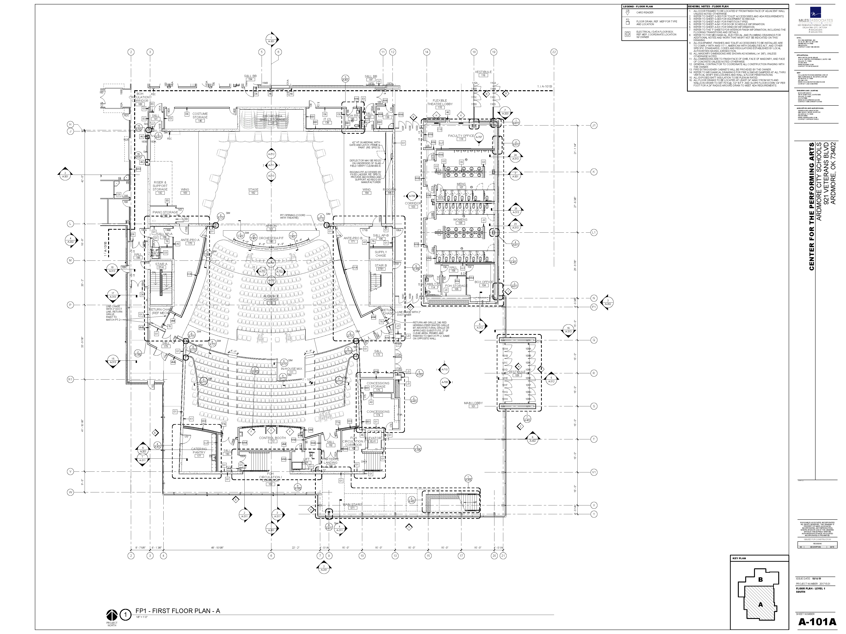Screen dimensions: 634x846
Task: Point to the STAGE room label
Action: click(253, 190)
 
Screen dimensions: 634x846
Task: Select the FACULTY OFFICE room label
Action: click(461, 136)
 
